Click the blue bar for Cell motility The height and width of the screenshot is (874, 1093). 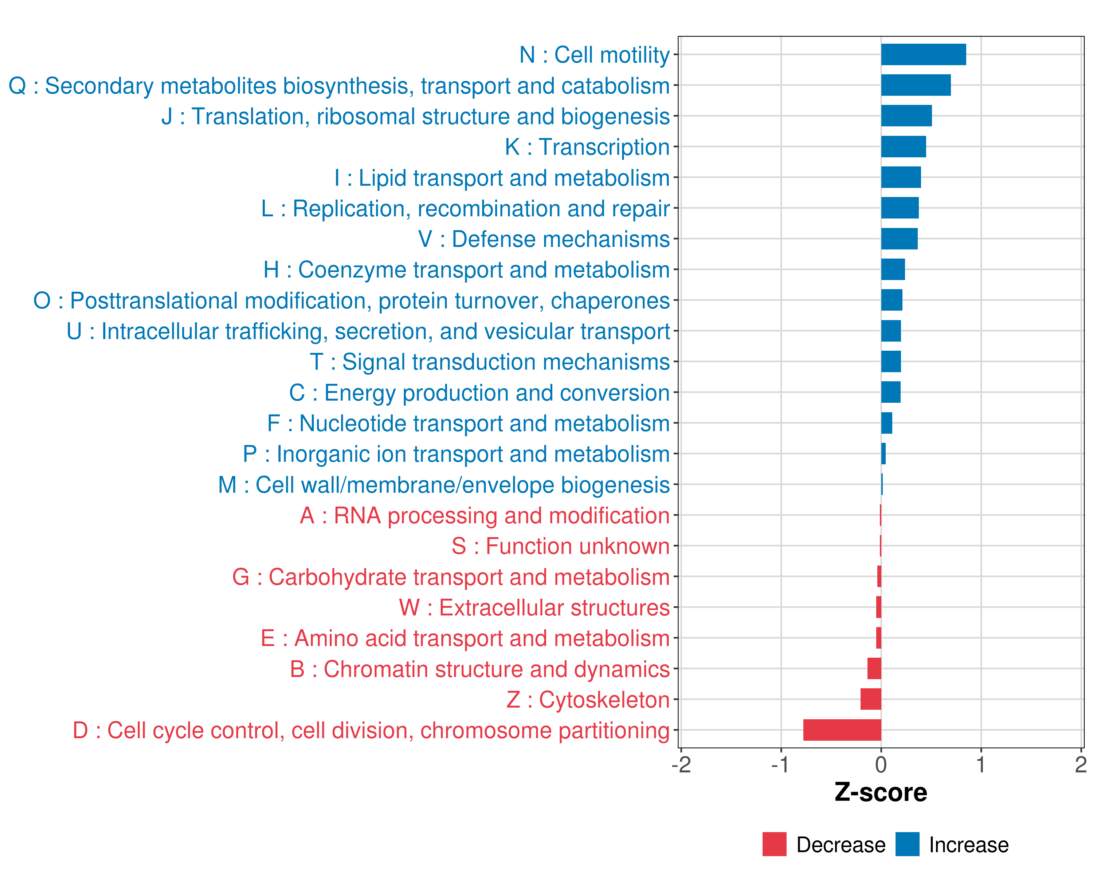tap(923, 55)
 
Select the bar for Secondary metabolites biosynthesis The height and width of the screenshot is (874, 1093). tap(916, 85)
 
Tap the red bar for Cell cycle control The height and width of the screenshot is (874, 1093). tap(842, 730)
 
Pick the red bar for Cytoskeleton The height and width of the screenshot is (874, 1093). tap(871, 699)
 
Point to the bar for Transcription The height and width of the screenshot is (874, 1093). tap(904, 147)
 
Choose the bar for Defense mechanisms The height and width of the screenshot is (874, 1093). tap(899, 239)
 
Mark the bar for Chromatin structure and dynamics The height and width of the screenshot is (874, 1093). tap(874, 669)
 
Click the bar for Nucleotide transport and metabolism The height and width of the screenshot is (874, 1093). tap(887, 423)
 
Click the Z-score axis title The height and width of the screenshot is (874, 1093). tap(881, 792)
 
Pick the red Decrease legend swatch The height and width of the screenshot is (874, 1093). tap(774, 844)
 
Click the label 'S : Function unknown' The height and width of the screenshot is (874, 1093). tap(561, 546)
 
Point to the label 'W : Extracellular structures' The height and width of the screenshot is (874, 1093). tap(534, 607)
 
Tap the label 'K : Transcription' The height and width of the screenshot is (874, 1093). tap(587, 147)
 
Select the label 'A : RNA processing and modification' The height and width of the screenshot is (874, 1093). tap(485, 515)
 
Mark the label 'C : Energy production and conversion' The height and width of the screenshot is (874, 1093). tap(479, 393)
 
